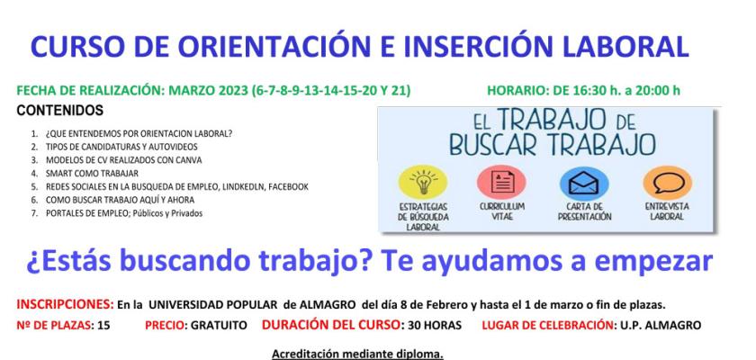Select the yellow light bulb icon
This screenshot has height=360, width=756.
[x=421, y=179]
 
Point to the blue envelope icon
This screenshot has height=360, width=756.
[x=578, y=179]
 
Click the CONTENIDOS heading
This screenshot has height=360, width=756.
[x=59, y=110]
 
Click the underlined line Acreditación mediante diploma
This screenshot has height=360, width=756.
[x=357, y=352]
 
